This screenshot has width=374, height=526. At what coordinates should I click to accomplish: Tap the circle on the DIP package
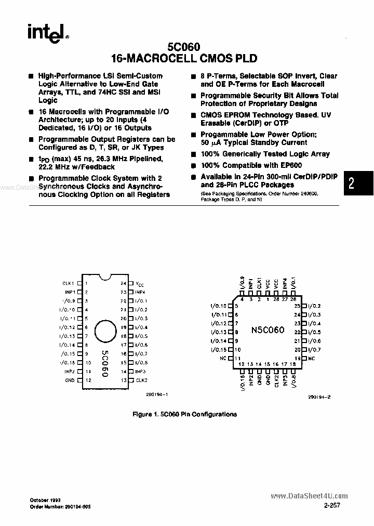pyautogui.click(x=106, y=330)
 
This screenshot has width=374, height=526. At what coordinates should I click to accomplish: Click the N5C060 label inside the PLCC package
pyautogui.click(x=268, y=330)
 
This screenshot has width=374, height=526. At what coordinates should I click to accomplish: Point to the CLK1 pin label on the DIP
pyautogui.click(x=69, y=283)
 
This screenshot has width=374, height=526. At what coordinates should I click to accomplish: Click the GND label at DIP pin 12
pyautogui.click(x=70, y=380)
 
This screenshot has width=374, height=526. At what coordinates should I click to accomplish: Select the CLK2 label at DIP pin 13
pyautogui.click(x=141, y=380)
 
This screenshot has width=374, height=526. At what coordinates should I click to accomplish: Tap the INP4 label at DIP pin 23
pyautogui.click(x=140, y=292)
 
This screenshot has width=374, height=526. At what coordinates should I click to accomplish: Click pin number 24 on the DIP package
pyautogui.click(x=124, y=283)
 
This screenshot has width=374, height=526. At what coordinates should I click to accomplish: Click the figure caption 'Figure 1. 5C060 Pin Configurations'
pyautogui.click(x=185, y=414)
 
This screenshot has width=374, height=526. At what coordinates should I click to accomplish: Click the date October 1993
pyautogui.click(x=46, y=499)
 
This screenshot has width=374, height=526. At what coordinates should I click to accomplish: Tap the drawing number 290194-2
pyautogui.click(x=319, y=396)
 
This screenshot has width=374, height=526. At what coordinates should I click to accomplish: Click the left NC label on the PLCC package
pyautogui.click(x=223, y=359)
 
